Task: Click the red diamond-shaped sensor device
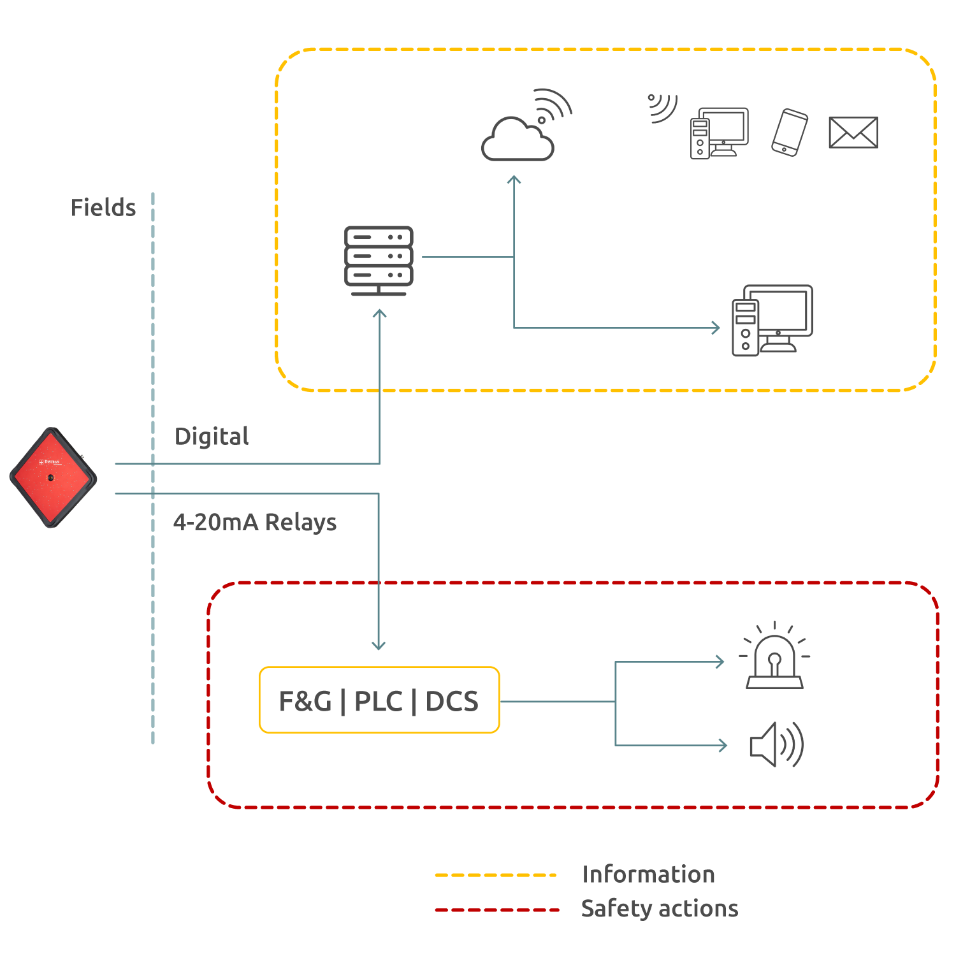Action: [53, 477]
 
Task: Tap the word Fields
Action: [103, 208]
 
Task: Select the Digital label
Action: [211, 437]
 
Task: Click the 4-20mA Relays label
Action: [254, 522]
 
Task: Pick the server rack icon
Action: [379, 261]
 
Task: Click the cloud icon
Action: [518, 138]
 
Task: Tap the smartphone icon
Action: [790, 133]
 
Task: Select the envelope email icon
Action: [853, 133]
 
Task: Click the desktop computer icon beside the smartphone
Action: [719, 133]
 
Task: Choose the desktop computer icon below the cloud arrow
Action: [772, 321]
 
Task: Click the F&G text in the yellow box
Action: [305, 701]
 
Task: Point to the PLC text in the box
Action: [379, 701]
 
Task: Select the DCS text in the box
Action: [452, 701]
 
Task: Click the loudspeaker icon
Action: [776, 744]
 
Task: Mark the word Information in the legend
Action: [648, 874]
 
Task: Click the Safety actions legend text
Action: [660, 908]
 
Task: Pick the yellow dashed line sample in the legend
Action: [495, 875]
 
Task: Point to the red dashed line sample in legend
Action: [496, 909]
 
